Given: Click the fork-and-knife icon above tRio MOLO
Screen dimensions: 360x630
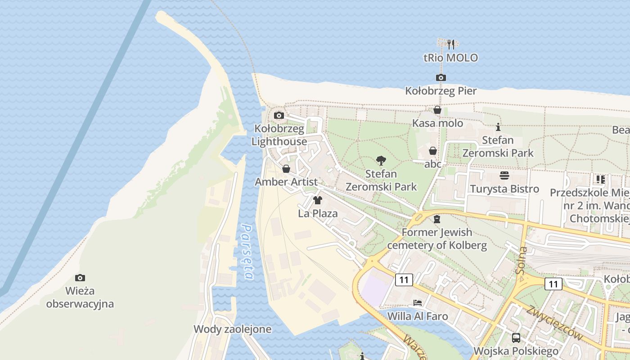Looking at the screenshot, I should tap(451, 44).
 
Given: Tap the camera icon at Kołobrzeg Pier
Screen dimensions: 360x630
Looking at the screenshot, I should tap(441, 77).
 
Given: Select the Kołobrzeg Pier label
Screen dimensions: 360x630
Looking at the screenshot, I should tap(441, 91).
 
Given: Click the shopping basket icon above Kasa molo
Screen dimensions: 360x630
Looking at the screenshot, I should tap(437, 110).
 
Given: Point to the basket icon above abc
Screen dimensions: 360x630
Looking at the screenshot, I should tap(433, 151).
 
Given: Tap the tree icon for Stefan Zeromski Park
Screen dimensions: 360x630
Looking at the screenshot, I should tap(381, 160).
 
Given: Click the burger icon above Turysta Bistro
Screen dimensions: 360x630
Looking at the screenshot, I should tap(504, 175).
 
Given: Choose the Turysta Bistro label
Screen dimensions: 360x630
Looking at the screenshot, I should tap(504, 189).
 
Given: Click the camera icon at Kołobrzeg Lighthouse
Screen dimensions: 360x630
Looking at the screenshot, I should tap(279, 115).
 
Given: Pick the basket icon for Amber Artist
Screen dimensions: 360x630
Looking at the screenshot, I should tap(286, 169).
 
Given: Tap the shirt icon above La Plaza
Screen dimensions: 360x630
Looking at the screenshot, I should tap(318, 200).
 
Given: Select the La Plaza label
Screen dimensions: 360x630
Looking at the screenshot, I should tap(318, 213).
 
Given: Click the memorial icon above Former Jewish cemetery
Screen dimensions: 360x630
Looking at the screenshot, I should tap(436, 219).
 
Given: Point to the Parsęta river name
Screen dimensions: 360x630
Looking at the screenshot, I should tap(247, 252).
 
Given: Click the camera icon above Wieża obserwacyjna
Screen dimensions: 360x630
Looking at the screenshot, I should tap(80, 278).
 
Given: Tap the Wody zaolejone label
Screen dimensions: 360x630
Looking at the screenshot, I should tap(232, 329).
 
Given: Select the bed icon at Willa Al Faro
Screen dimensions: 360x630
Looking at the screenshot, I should tap(418, 303).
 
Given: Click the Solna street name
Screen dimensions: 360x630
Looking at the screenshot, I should tap(522, 261).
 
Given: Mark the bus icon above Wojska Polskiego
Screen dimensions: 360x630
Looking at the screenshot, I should tap(516, 337).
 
